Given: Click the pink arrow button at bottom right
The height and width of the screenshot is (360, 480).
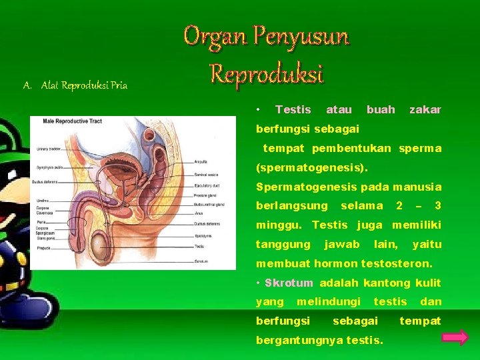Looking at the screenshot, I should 455,337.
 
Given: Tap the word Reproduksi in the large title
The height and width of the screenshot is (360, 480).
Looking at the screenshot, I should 266,73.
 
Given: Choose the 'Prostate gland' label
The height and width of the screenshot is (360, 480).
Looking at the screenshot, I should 205,195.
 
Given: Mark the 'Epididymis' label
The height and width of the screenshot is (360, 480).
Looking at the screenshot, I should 203,235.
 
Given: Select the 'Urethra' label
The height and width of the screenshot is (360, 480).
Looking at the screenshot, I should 44,199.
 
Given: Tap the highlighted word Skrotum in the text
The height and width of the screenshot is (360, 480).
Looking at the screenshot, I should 289,283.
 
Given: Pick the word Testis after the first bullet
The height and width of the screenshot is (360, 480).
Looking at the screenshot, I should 293,109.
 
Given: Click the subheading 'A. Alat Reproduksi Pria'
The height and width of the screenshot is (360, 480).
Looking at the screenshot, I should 75,85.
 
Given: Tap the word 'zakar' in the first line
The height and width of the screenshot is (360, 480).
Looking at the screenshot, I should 425,109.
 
